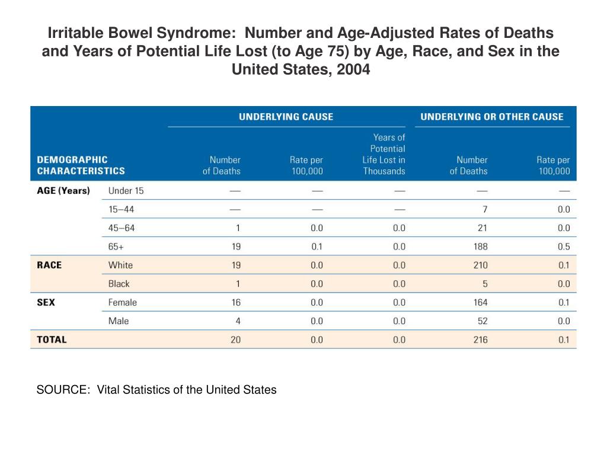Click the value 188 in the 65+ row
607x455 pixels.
click(x=480, y=246)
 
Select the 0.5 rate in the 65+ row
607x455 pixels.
click(x=564, y=246)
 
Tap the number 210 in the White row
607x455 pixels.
click(x=480, y=265)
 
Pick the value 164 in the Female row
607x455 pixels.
click(x=480, y=302)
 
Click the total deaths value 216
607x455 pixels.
click(x=480, y=339)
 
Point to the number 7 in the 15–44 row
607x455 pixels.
click(x=485, y=209)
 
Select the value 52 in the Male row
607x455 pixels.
click(x=483, y=321)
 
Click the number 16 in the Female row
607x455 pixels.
click(x=236, y=302)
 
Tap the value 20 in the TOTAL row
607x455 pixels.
click(x=235, y=339)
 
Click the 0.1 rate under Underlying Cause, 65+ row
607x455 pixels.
click(x=317, y=246)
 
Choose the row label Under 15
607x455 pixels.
click(x=126, y=191)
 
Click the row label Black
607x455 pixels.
click(x=119, y=284)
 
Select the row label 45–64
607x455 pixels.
click(x=122, y=228)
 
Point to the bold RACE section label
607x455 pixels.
click(x=49, y=265)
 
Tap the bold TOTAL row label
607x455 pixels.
click(x=52, y=339)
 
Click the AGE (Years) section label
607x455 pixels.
click(x=63, y=191)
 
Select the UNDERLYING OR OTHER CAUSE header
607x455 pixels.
click(x=492, y=117)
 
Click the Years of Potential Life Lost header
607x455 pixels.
click(x=384, y=154)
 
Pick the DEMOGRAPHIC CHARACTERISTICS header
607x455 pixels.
click(x=81, y=165)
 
